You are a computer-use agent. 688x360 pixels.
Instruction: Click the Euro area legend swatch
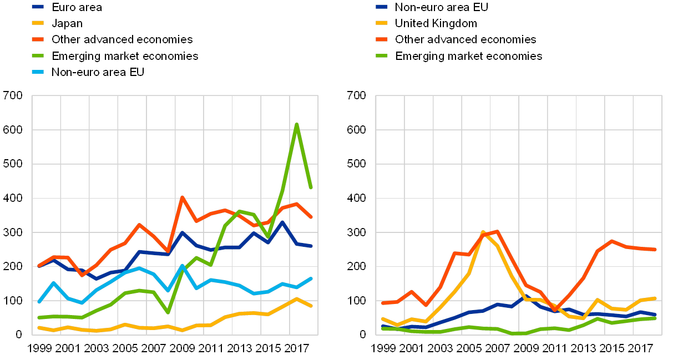[x=38, y=7]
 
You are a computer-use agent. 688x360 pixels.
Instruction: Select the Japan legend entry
[x=67, y=23]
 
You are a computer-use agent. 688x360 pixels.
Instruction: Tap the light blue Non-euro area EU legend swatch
[x=38, y=72]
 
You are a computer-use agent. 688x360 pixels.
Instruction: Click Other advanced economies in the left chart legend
[x=122, y=39]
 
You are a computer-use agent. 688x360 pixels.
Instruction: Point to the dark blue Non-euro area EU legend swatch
[x=382, y=7]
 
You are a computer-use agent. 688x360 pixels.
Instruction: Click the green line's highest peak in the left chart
[x=297, y=124]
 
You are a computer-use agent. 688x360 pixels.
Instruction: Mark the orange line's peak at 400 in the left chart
[x=182, y=197]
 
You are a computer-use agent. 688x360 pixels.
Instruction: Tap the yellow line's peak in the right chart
[x=483, y=232]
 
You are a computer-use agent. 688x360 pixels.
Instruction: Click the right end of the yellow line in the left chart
[x=311, y=306]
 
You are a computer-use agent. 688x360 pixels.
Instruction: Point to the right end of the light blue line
[x=311, y=278]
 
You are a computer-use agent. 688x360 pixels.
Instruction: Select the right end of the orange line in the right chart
[x=655, y=250]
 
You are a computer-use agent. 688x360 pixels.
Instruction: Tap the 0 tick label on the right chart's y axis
[x=362, y=334]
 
